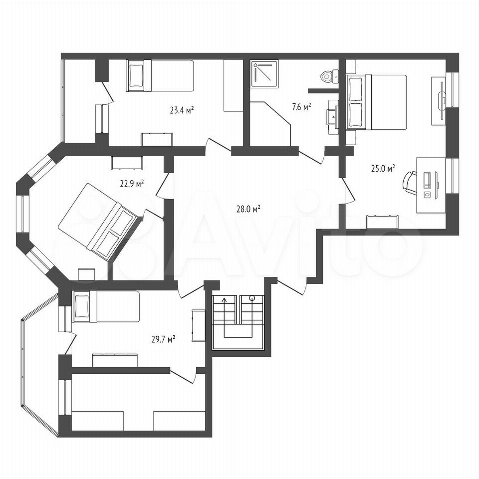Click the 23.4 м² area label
click(183, 110)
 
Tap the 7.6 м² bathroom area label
click(301, 107)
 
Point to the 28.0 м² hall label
click(248, 209)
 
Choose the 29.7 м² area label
click(163, 339)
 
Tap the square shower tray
click(264, 74)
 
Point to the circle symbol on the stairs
click(252, 298)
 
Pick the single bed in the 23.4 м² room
click(160, 76)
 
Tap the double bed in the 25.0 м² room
click(377, 102)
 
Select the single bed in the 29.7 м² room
click(106, 306)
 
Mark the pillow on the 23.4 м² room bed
click(136, 75)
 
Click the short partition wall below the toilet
click(323, 90)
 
